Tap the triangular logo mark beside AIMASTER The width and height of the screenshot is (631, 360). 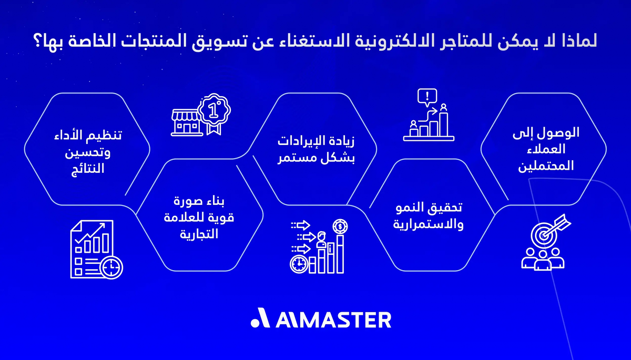point(260,319)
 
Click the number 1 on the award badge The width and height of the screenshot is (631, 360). point(213,109)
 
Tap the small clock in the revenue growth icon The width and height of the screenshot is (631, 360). point(298,264)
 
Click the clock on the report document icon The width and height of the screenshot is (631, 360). point(112,268)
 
